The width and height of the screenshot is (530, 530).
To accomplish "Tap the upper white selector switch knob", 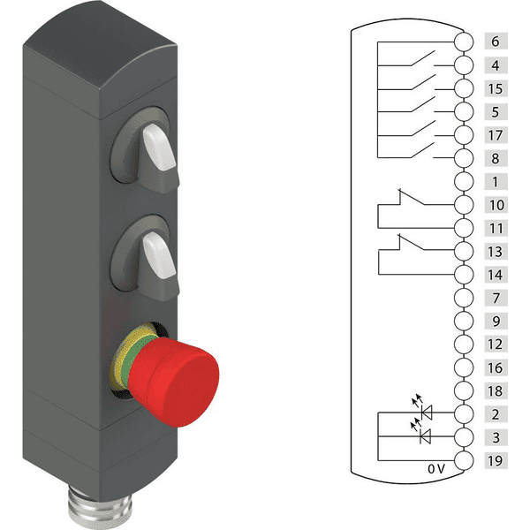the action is click(x=159, y=147).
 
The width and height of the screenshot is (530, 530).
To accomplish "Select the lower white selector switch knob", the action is click(x=159, y=256).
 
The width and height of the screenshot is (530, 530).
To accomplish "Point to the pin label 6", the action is click(x=496, y=42).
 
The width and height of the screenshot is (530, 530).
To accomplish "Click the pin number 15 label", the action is click(x=496, y=88).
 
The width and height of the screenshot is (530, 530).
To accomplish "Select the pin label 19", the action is click(x=496, y=460).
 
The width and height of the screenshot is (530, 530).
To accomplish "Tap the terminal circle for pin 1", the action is click(x=464, y=181).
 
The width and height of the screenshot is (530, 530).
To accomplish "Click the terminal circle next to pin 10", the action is click(x=464, y=205).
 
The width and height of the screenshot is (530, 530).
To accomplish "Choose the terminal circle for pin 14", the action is click(x=464, y=275).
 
